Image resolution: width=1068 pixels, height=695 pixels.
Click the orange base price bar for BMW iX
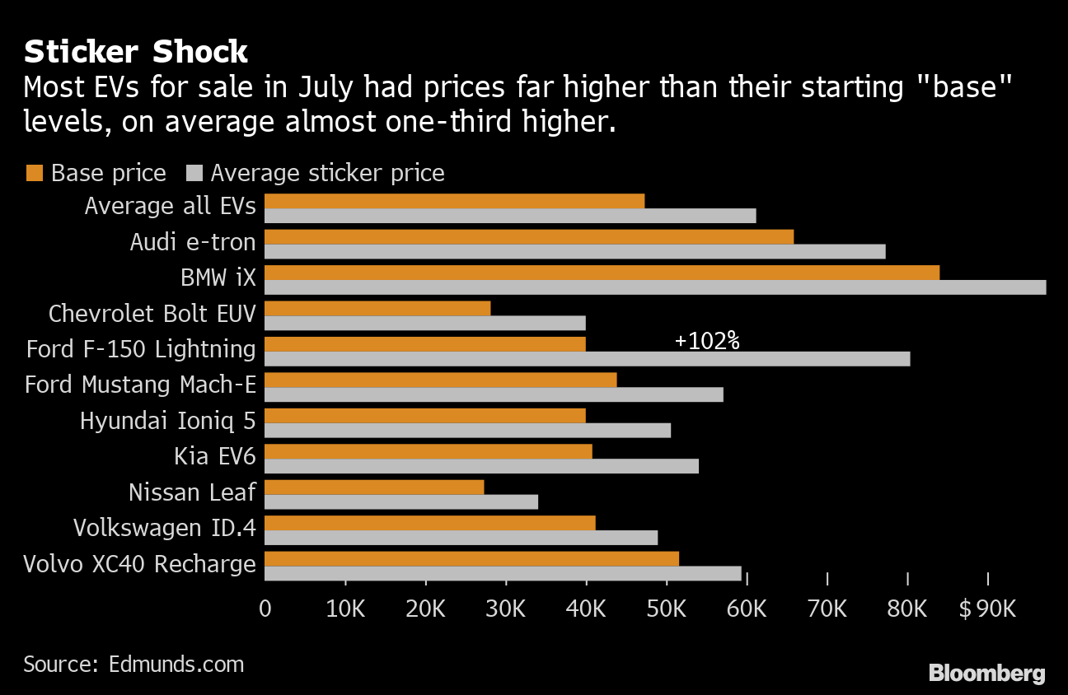(x=602, y=273)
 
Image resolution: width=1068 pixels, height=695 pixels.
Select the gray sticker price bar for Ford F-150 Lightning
(x=587, y=359)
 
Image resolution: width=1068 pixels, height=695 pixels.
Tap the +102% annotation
(x=706, y=341)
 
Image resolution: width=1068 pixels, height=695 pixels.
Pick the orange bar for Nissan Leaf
(x=374, y=487)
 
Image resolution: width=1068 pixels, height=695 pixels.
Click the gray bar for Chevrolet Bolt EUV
(x=425, y=323)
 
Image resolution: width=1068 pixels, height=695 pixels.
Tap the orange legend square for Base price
(x=34, y=173)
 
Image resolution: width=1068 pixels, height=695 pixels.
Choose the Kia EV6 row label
(x=214, y=455)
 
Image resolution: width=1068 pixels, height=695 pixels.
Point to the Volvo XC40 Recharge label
(x=139, y=564)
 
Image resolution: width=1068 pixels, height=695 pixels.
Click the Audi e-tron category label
(x=193, y=241)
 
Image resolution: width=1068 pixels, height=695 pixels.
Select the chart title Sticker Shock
(x=136, y=52)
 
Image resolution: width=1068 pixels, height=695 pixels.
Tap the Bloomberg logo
(x=986, y=673)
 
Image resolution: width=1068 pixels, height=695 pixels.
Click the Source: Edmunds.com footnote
(x=133, y=664)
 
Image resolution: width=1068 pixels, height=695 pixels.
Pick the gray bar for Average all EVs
(x=510, y=216)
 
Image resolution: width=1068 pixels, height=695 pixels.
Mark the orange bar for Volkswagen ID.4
(x=429, y=523)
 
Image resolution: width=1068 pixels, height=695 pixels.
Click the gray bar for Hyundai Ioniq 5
(x=467, y=431)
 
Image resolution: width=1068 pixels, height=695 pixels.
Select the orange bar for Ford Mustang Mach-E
(x=440, y=380)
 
